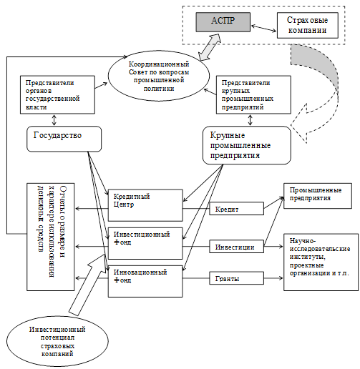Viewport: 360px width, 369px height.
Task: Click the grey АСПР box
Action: [x=223, y=22]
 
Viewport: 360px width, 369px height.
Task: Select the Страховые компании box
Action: [x=308, y=25]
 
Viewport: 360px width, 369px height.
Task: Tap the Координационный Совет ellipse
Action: [x=159, y=76]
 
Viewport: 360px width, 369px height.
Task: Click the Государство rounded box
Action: [x=64, y=139]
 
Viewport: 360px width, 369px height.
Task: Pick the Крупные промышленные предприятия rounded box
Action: [x=247, y=145]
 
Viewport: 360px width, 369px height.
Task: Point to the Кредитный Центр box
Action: [x=145, y=205]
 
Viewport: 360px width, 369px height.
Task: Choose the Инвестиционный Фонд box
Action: [x=145, y=243]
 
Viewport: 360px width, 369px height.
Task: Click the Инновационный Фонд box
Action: [x=145, y=281]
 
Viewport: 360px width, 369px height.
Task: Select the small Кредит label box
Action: [x=237, y=209]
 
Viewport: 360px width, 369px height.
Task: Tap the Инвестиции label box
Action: [x=237, y=247]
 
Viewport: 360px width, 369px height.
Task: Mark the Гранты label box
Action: [x=237, y=278]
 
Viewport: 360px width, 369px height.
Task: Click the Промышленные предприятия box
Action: [x=318, y=196]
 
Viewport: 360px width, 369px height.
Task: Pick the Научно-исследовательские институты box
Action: [x=321, y=262]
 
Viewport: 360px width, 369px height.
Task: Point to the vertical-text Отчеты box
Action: [x=51, y=237]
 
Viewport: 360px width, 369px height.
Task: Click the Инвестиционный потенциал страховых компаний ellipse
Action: [x=57, y=341]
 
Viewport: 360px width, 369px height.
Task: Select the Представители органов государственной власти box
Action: [x=57, y=94]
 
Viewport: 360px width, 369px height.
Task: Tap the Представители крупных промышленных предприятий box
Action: [x=253, y=94]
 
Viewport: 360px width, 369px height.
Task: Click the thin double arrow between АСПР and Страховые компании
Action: [x=263, y=28]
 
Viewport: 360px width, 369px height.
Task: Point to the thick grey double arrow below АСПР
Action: [x=210, y=47]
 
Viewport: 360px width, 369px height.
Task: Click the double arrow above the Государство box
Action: [x=54, y=120]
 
